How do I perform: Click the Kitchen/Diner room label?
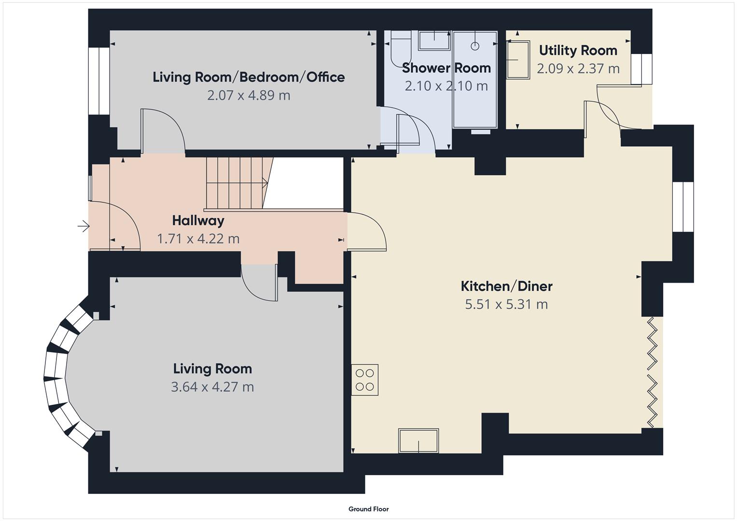pos(506,286)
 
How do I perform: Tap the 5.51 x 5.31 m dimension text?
pos(506,304)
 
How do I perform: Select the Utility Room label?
pos(578,50)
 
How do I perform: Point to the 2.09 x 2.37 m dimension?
pos(578,69)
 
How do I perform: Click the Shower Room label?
pos(446,68)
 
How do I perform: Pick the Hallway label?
pos(198,220)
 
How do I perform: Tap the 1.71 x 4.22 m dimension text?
pos(198,239)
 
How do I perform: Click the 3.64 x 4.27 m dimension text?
pos(212,387)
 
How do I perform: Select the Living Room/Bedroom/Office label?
pos(249,77)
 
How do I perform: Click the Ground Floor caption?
pos(368,509)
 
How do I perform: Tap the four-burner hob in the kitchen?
pos(365,380)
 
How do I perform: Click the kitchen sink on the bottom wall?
pos(418,441)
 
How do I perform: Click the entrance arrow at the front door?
pos(83,226)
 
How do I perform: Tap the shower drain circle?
pos(475,46)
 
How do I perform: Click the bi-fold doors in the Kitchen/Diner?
pos(652,371)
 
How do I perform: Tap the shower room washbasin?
pos(434,40)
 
